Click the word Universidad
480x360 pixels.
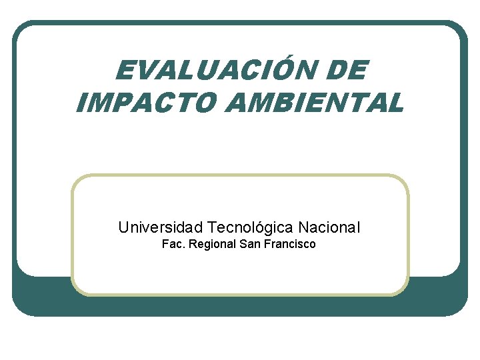pyautogui.click(x=160, y=227)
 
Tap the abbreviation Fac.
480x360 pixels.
pyautogui.click(x=173, y=244)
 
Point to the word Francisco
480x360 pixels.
pyautogui.click(x=290, y=244)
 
